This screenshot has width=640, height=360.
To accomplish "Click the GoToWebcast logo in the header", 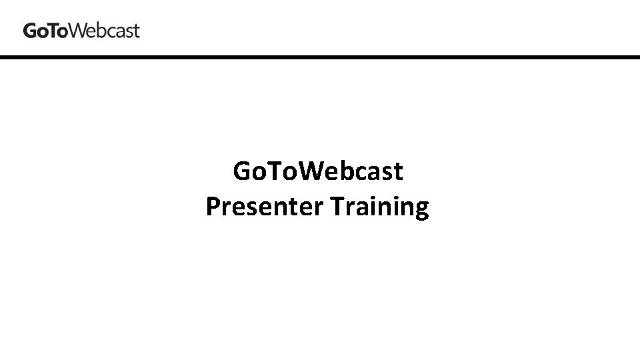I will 81,31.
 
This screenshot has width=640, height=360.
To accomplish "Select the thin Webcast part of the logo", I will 104,31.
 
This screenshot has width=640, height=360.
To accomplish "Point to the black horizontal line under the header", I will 320,58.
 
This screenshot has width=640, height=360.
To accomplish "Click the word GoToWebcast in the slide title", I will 318,172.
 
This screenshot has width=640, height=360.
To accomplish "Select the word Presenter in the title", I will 264,207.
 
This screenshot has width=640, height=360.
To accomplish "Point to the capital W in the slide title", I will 309,172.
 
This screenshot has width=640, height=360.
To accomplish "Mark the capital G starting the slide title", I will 241,172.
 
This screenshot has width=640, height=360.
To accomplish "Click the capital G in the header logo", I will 30,31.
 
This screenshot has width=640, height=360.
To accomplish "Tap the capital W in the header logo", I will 77,31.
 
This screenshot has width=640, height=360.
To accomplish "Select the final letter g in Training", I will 421,210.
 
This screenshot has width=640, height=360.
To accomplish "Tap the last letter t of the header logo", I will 136,31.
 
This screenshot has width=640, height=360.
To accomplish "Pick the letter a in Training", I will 363,209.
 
